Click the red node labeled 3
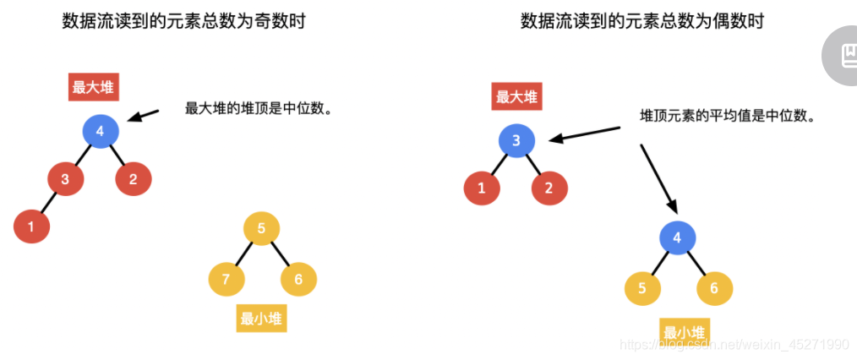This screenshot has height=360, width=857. click(x=64, y=178)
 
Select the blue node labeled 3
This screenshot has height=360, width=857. click(x=516, y=140)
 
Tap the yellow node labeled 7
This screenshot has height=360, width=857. click(x=226, y=279)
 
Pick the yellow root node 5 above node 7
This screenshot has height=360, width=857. click(x=261, y=228)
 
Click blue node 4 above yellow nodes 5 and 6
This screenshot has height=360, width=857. click(x=676, y=237)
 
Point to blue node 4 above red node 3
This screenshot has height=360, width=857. click(x=100, y=131)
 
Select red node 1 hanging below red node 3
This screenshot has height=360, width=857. click(x=31, y=226)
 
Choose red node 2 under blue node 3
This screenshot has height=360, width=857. click(x=549, y=188)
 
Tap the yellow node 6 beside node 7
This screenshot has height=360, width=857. click(x=298, y=279)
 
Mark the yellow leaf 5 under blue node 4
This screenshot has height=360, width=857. click(x=641, y=288)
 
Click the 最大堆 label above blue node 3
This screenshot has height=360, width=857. click(x=516, y=96)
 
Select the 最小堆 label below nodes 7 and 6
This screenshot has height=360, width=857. click(x=261, y=319)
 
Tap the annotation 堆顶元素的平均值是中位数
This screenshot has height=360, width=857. click(x=727, y=116)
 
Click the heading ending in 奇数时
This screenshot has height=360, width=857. click(x=183, y=21)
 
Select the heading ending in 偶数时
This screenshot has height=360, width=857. click(x=642, y=21)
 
